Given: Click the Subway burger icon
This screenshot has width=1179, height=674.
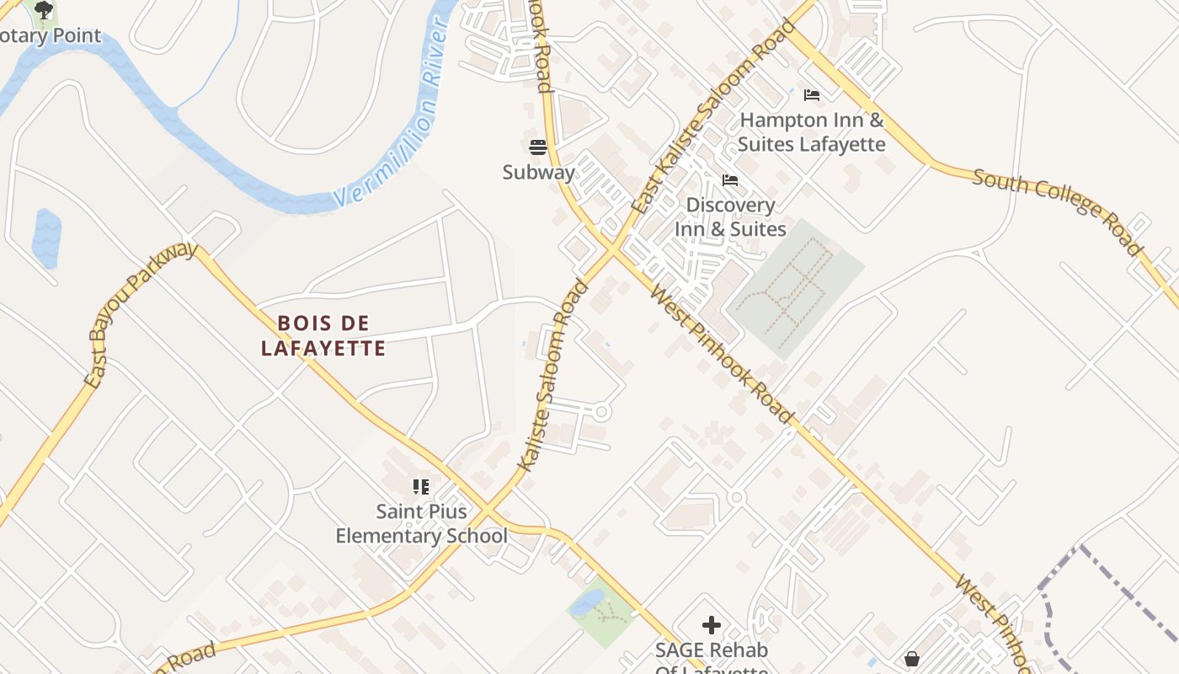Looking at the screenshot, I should (x=539, y=147).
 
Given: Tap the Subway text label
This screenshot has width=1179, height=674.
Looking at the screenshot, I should (x=539, y=173).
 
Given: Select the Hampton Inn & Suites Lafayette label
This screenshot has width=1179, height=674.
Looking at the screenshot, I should (x=812, y=132).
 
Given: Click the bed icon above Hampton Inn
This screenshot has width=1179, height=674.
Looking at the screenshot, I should (x=812, y=94).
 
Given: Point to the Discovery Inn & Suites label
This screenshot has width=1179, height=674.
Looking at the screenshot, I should (x=730, y=217).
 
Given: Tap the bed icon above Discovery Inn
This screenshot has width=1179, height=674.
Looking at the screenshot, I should (x=730, y=180).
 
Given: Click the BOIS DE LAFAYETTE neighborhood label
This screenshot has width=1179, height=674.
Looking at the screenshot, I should (x=323, y=335).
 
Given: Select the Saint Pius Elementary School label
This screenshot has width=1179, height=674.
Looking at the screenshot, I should (x=421, y=523).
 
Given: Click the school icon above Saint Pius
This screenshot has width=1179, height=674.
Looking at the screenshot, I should (x=421, y=486).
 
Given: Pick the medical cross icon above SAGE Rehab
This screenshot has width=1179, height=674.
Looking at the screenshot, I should (x=712, y=625).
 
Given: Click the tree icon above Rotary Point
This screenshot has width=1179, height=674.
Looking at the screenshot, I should (x=44, y=10).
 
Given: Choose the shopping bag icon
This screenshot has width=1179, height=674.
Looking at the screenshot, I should (x=911, y=659).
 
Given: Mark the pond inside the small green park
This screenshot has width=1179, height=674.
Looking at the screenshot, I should (x=586, y=602).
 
